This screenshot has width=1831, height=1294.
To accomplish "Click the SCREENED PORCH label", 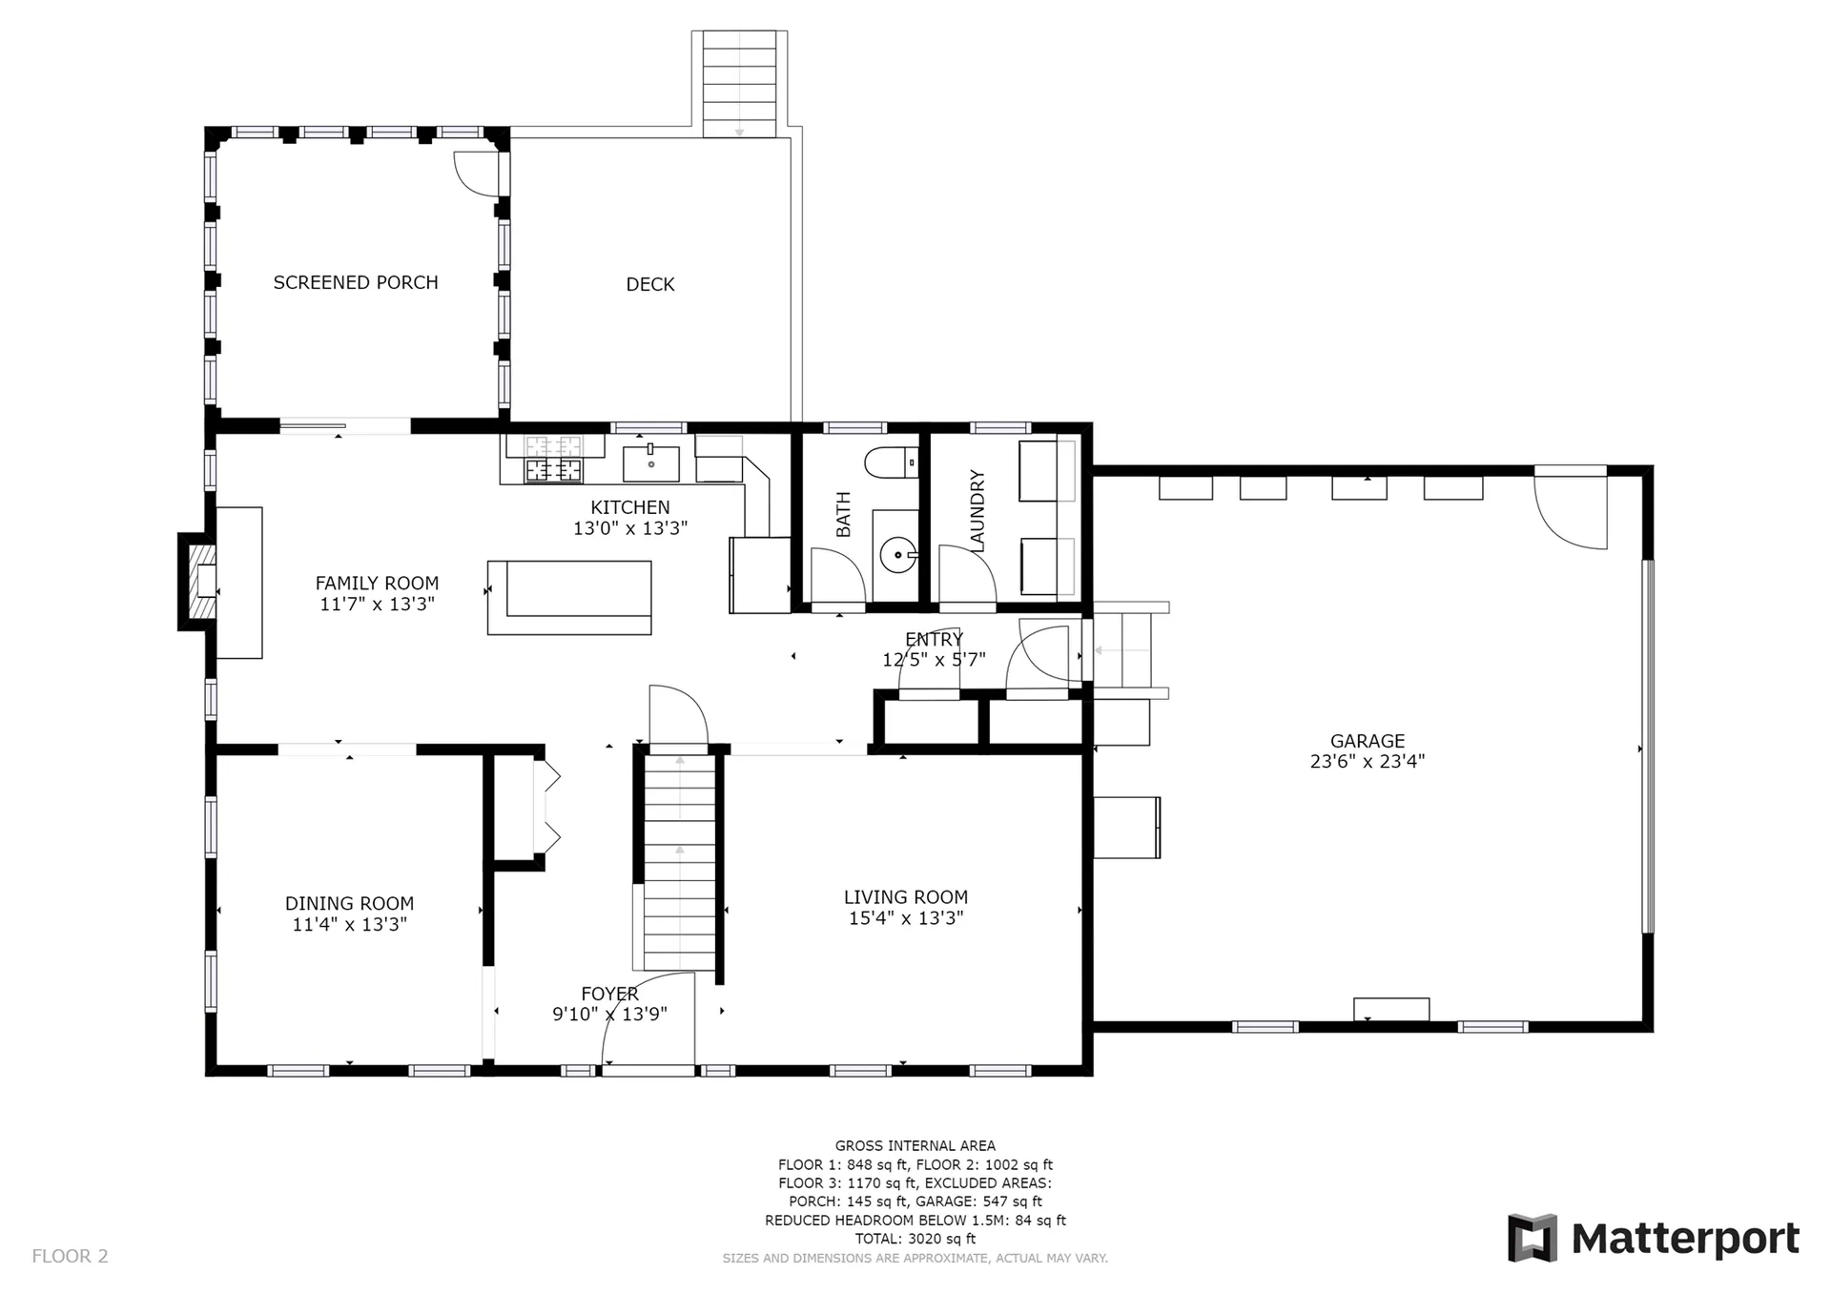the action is pos(356,283).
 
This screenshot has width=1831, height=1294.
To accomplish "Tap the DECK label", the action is pos(650,284).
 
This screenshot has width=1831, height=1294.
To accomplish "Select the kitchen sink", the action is pos(651,463).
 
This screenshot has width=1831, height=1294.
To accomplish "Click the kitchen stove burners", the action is pos(554,459).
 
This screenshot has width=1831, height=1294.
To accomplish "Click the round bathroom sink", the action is pos(897,555).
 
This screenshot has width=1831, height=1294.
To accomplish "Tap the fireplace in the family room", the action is pos(200,582).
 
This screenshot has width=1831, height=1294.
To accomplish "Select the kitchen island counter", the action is pos(569,598).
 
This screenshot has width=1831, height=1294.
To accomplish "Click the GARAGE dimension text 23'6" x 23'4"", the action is pos(1368,761).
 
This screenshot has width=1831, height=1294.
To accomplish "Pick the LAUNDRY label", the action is pos(977,510).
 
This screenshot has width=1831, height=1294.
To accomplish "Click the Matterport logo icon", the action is pos(1532,1238).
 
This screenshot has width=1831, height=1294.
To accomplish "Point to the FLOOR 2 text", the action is pos(71,1256).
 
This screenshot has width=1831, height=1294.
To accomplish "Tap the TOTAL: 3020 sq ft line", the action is pos(915,1239).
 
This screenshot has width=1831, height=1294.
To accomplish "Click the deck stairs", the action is pos(740,84).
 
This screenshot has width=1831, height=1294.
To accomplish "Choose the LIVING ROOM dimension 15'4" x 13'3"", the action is pos(906,918).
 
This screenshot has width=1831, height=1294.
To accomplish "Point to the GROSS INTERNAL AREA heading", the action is pos(915,1146).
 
